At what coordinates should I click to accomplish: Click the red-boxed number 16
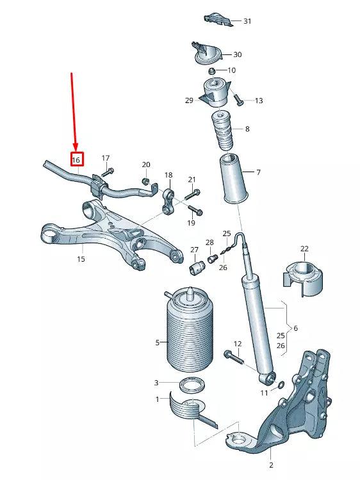(76, 159)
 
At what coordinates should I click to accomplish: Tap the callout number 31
(247, 21)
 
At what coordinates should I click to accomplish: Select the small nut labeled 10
(212, 70)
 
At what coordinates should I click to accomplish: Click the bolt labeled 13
(238, 100)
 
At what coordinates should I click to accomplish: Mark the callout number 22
(304, 248)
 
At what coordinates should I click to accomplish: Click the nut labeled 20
(145, 182)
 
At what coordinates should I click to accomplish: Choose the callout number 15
(81, 259)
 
